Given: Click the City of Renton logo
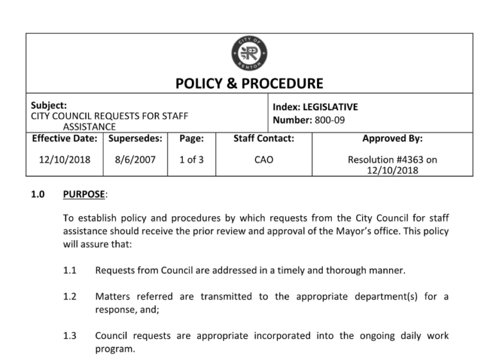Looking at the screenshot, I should coord(249,53).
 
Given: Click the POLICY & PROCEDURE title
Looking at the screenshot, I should coord(249,84).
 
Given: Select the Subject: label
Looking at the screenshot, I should coord(49,106).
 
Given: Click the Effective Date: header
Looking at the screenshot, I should coord(64,139).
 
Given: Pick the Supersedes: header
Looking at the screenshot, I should coord(135,139).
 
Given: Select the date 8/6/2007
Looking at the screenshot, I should coord(135,159).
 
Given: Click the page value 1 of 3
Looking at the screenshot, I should coord(191,159).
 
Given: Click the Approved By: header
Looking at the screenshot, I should coord(392,139).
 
